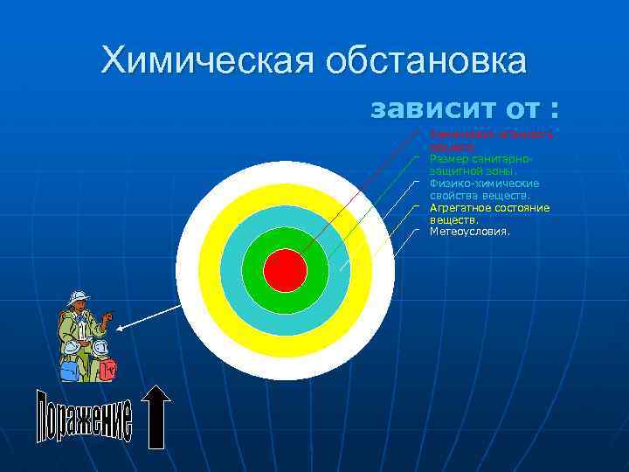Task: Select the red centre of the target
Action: pyautogui.click(x=285, y=271)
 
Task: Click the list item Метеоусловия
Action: pyautogui.click(x=470, y=233)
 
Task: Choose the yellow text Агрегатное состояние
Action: pyautogui.click(x=489, y=208)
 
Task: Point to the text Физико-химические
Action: pyautogui.click(x=485, y=184)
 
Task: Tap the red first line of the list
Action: pyautogui.click(x=486, y=135)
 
